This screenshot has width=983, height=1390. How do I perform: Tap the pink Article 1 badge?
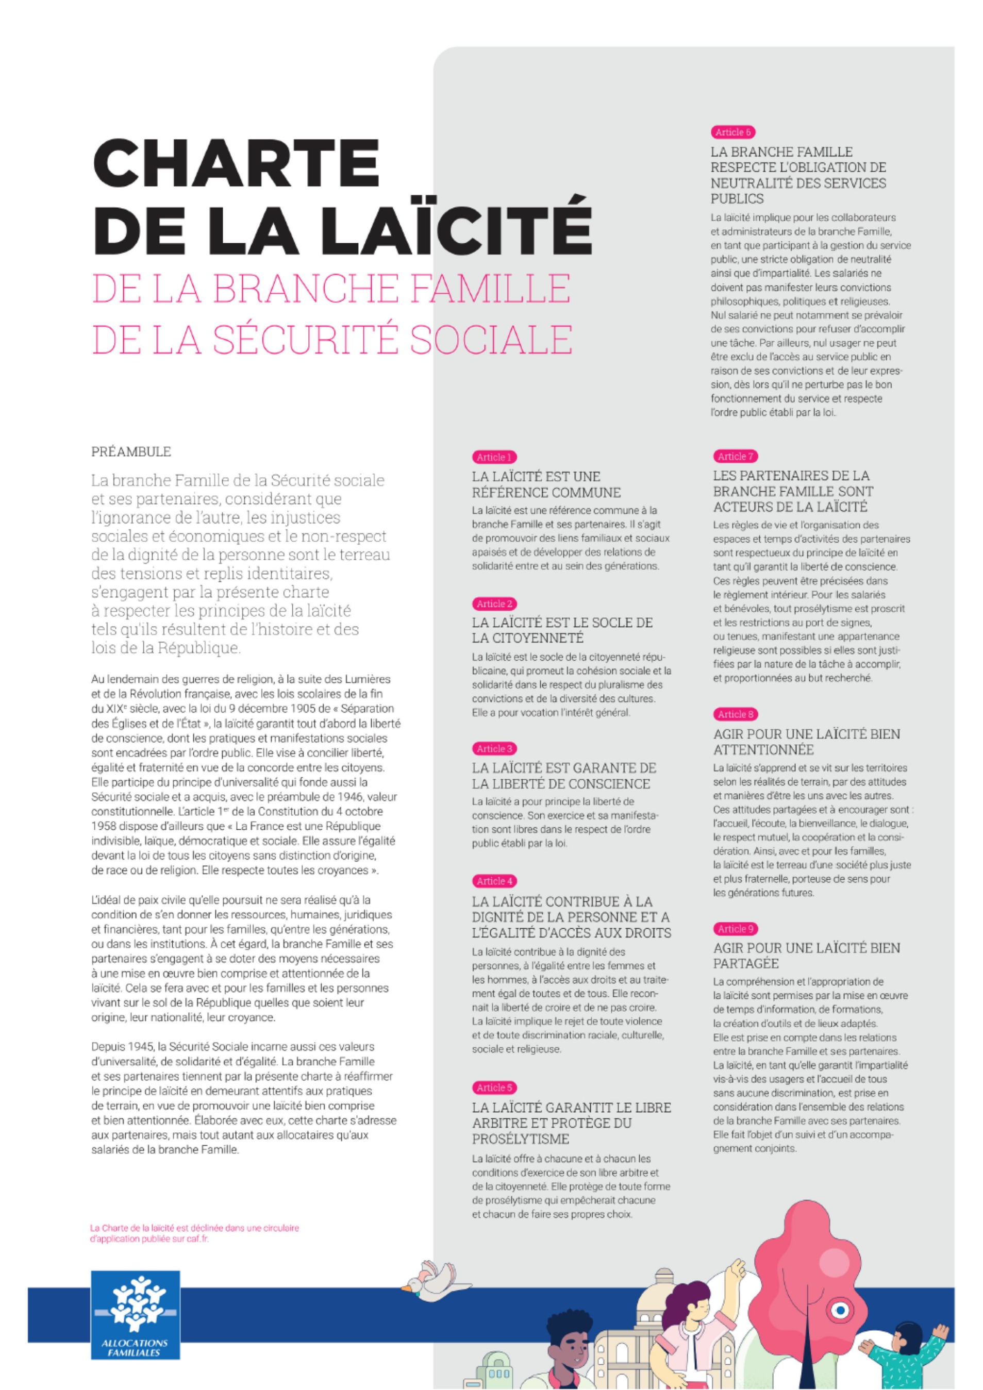pyautogui.click(x=494, y=457)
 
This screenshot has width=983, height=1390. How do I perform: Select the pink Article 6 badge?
pyautogui.click(x=733, y=132)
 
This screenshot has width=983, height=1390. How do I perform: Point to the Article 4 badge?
pyautogui.click(x=495, y=881)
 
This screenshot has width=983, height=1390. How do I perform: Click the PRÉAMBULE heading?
pyautogui.click(x=131, y=451)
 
